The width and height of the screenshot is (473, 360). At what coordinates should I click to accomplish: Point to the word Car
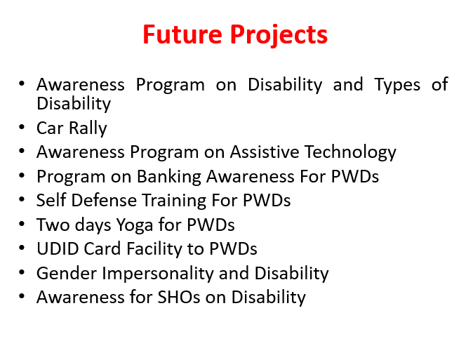[x=50, y=128]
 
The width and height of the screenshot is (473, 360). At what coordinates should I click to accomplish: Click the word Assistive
[x=265, y=152]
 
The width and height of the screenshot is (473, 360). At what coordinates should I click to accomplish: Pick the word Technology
[x=350, y=153]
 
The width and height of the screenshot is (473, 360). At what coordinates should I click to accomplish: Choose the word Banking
[x=169, y=177]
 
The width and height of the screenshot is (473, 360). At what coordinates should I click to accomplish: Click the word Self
[x=51, y=200]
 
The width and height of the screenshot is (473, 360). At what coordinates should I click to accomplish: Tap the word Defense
[x=104, y=201]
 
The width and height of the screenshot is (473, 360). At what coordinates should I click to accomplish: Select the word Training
[x=174, y=201]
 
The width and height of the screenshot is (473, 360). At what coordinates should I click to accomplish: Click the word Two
[x=53, y=225]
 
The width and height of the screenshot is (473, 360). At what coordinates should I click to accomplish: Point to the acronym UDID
[x=58, y=249]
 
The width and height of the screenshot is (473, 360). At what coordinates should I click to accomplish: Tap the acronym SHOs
[x=179, y=298]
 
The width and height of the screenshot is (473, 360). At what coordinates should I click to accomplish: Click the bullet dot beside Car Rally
[x=22, y=127]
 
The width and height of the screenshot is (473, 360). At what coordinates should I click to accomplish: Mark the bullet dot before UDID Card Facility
[x=22, y=248]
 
